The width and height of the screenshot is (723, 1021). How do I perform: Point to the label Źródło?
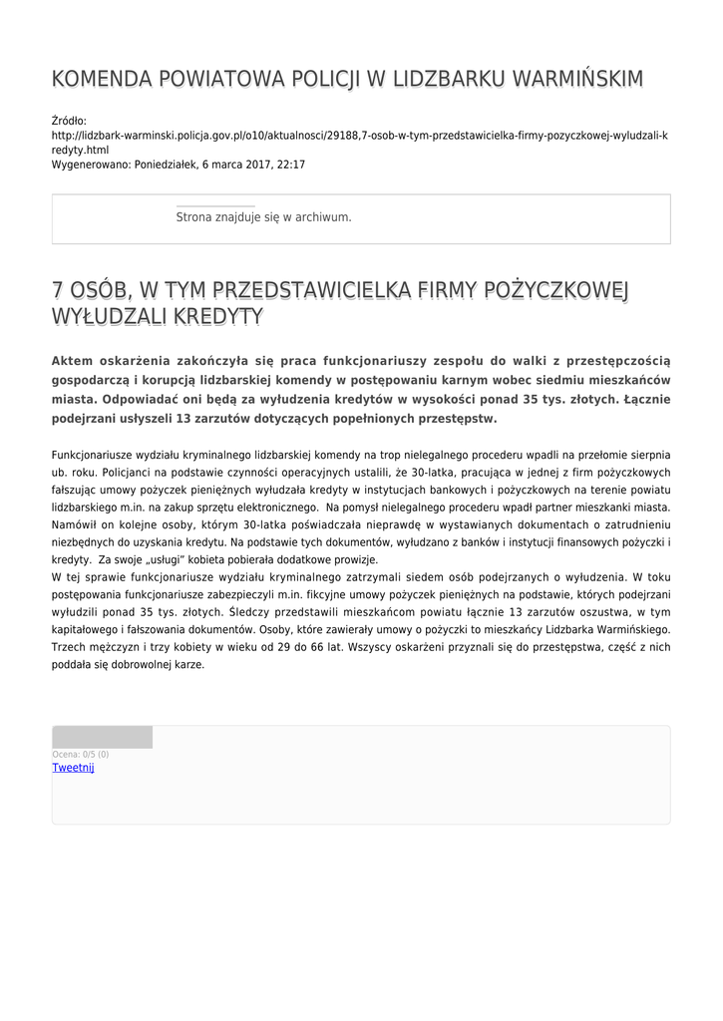69,121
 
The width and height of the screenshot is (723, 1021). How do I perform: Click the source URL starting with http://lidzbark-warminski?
359,135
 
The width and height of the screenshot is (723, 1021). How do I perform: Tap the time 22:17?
290,165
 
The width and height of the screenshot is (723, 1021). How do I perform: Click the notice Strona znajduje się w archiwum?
263,216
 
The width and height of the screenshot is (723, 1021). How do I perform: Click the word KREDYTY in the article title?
218,317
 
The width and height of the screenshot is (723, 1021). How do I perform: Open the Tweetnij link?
73,767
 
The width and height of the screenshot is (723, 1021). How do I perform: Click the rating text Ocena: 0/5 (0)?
81,755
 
